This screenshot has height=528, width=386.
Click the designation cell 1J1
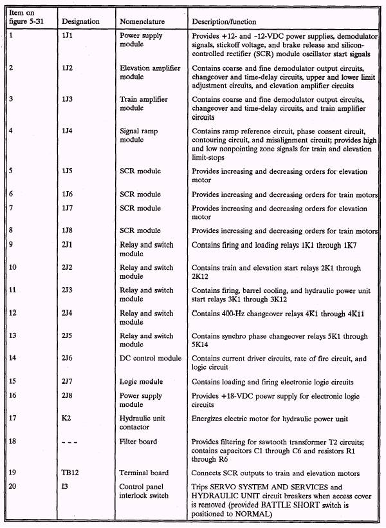tap(67, 36)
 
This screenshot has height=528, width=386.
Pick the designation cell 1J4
tap(67, 131)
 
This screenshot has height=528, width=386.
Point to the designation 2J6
tap(67, 357)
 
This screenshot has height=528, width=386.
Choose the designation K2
tap(66, 418)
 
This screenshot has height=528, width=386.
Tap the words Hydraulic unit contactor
tap(143, 422)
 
